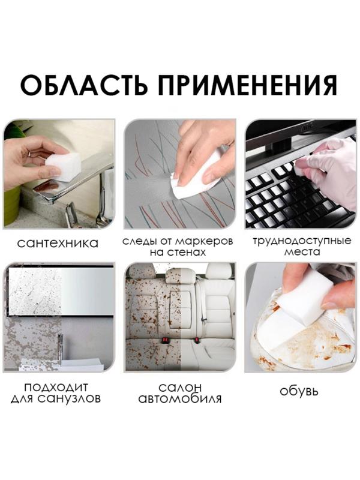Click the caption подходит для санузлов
(58, 392)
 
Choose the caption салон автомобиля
(179, 392)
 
